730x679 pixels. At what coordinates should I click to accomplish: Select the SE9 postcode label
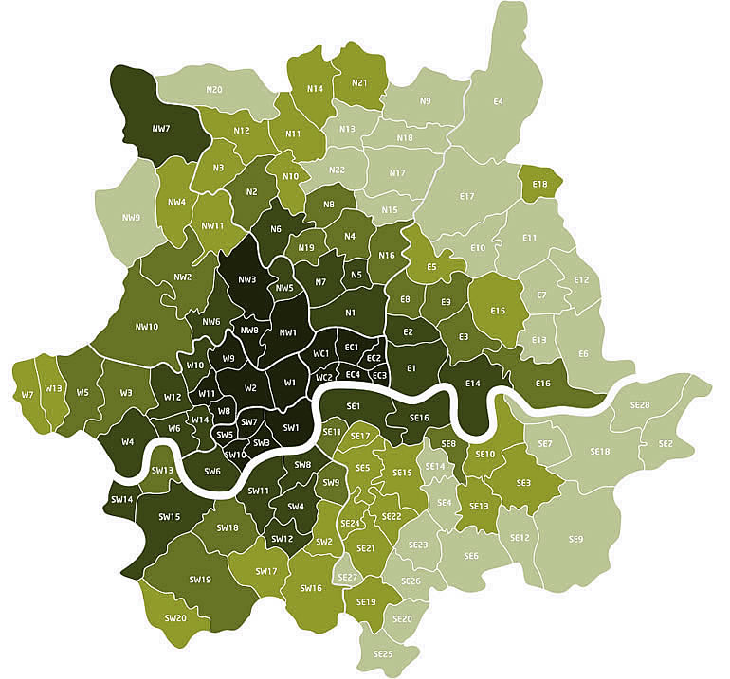click(575, 539)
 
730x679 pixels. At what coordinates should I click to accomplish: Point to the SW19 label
click(199, 579)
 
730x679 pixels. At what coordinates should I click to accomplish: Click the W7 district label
click(27, 394)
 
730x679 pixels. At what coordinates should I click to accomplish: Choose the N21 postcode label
click(359, 82)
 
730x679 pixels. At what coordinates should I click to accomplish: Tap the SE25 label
click(383, 653)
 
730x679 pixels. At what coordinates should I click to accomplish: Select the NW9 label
click(132, 217)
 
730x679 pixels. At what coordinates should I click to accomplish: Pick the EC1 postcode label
click(351, 348)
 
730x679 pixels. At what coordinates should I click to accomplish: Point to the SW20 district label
click(174, 617)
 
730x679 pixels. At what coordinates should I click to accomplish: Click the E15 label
click(498, 311)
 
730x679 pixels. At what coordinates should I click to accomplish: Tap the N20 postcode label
click(214, 90)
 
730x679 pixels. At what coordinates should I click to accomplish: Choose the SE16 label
click(420, 417)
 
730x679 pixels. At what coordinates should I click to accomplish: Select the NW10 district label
click(146, 327)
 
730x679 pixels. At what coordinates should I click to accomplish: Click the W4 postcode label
click(127, 441)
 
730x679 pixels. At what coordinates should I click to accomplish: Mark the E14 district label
click(474, 383)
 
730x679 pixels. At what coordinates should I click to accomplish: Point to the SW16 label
click(311, 588)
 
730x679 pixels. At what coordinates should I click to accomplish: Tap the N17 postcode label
click(397, 173)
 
